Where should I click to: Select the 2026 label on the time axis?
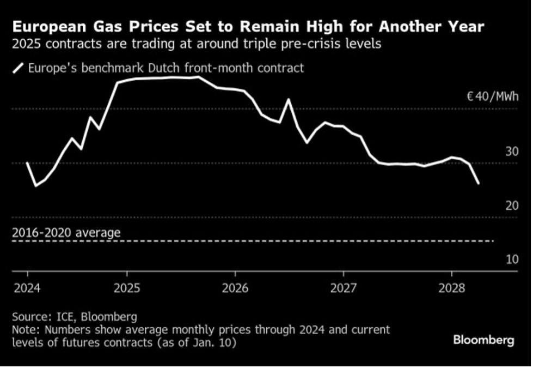click(235, 287)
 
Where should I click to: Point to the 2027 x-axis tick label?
click(344, 287)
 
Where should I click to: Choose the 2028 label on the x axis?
click(451, 287)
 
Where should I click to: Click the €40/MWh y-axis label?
click(493, 98)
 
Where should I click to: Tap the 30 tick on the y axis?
click(512, 152)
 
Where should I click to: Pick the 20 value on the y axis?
click(512, 206)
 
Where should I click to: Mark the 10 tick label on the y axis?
click(512, 260)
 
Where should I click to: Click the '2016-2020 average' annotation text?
click(66, 233)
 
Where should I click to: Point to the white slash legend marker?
click(19, 68)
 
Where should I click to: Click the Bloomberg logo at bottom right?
click(483, 340)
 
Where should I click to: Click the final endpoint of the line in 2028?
click(478, 183)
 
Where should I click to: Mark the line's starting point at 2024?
click(27, 163)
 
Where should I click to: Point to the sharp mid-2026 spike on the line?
click(289, 100)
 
